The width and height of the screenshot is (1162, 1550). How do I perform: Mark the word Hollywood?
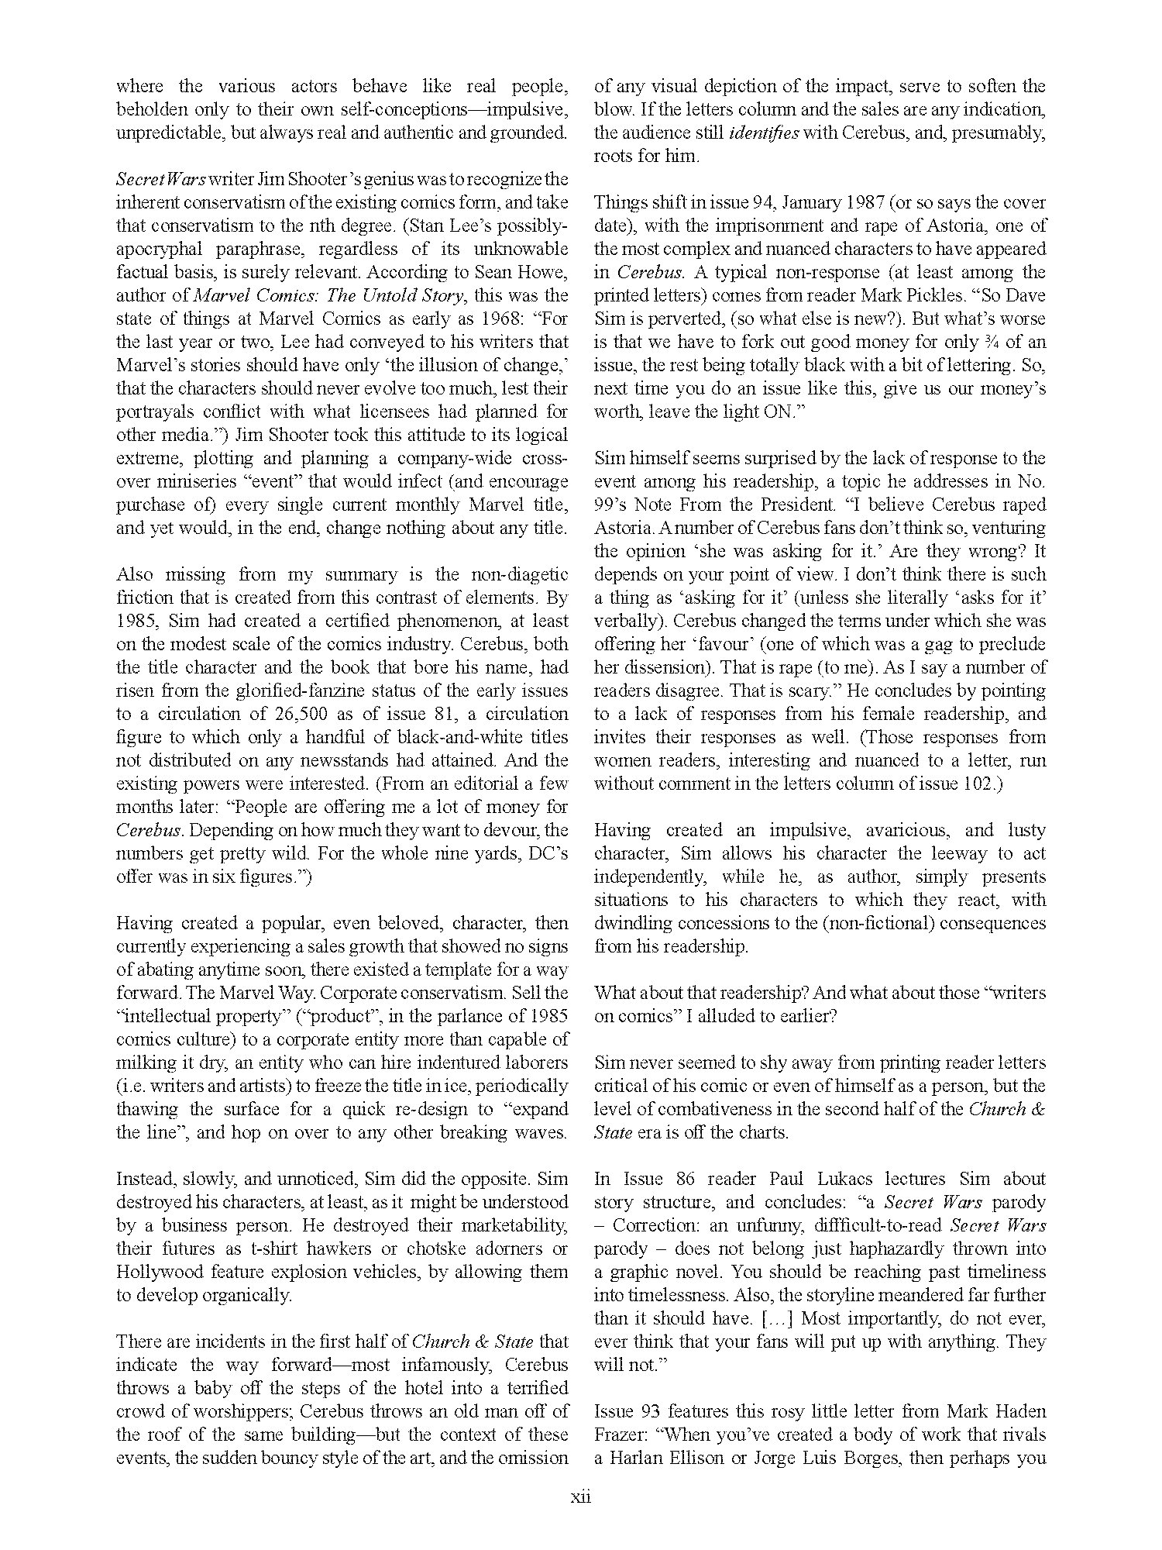pyautogui.click(x=154, y=1272)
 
